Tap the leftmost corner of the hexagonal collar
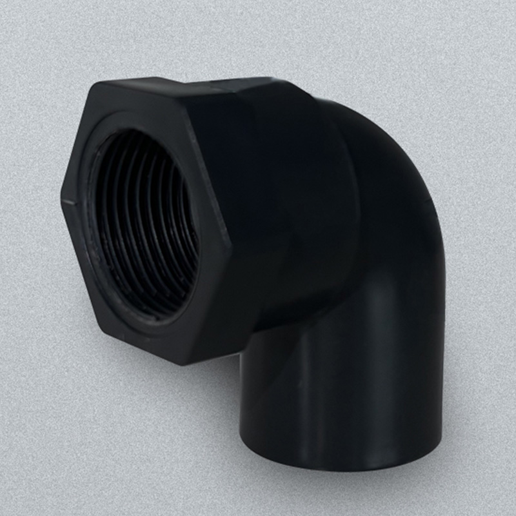(62, 201)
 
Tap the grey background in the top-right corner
(477, 39)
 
